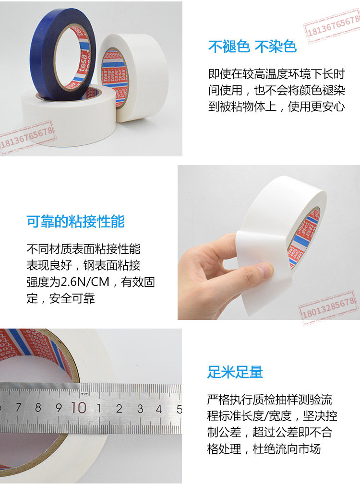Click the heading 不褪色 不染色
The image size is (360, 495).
[x=252, y=47]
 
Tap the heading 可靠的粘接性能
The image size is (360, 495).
[x=76, y=221]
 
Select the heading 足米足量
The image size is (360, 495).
[x=235, y=372]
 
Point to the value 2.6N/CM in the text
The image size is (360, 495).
[x=85, y=282]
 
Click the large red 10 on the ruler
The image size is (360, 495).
[x=79, y=408]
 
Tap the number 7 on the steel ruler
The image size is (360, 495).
[x=18, y=407]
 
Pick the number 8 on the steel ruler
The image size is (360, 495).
[x=38, y=408]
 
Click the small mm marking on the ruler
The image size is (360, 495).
[x=84, y=394]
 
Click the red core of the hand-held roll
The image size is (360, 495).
[x=304, y=240]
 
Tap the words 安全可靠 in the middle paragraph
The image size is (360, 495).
[x=72, y=298]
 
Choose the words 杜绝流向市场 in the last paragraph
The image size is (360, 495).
[x=287, y=448]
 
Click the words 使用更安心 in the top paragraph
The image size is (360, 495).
[x=316, y=106]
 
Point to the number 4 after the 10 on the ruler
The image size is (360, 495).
[x=159, y=409]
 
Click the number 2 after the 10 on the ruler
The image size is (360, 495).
[x=119, y=409]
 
